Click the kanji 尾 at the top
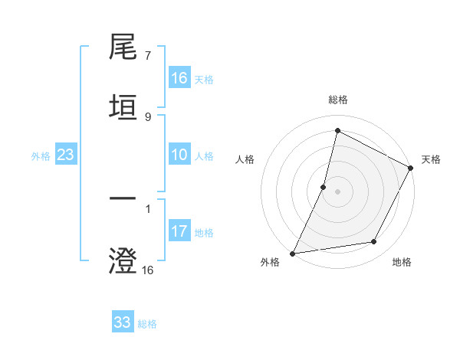coord(123,49)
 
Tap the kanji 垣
coord(123,108)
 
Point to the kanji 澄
coord(123,260)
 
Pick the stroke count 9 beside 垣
coord(147,116)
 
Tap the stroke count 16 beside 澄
coord(147,270)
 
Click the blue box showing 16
coord(179,78)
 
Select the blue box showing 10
coord(179,155)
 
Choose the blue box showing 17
coord(179,231)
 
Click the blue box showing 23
coord(65,155)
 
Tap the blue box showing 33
coord(123,322)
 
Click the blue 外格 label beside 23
coord(41,155)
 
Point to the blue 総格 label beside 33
coord(147,324)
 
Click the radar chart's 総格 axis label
coord(337,100)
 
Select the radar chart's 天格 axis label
coord(431,159)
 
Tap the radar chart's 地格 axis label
coord(402,262)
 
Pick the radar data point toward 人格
coord(324,187)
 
